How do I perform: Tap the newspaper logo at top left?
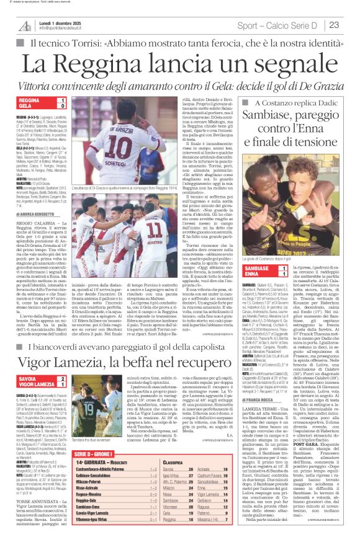click(x=24, y=25)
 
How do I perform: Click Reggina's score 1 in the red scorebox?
click(x=62, y=99)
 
